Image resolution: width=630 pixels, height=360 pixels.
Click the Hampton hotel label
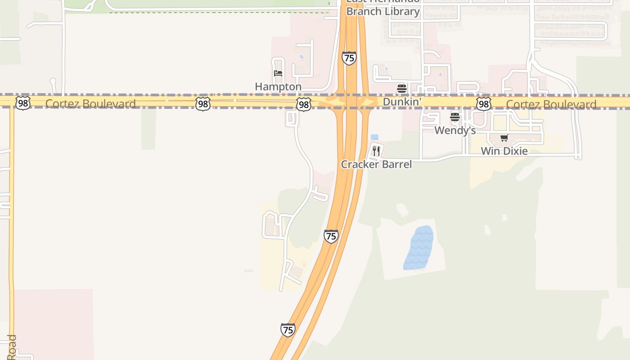point(278,86)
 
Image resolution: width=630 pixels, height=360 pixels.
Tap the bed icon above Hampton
point(278,73)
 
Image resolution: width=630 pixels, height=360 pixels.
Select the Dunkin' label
point(402,102)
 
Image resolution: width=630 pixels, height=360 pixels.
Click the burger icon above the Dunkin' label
point(402,88)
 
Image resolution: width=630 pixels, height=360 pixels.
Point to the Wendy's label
point(455,130)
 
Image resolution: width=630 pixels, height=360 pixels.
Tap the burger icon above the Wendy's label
point(455,117)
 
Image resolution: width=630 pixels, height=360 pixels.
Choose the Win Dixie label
point(504,151)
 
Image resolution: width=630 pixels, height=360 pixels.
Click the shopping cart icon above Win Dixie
point(504,138)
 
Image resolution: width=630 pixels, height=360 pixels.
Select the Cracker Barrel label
point(376,164)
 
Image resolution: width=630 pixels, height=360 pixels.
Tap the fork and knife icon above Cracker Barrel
point(376,151)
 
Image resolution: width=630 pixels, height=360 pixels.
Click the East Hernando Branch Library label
point(383,9)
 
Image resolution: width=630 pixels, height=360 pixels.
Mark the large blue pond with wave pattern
point(419,248)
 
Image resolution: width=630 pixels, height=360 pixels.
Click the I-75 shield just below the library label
point(349,58)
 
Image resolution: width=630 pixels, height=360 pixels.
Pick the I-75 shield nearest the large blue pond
point(331,236)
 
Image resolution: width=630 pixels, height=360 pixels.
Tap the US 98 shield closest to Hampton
point(304,105)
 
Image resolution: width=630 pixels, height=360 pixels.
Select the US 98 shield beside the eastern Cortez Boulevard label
point(483,104)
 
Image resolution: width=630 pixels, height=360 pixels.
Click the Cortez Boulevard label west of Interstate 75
point(90,104)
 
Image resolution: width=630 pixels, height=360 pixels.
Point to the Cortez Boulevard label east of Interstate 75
point(551,104)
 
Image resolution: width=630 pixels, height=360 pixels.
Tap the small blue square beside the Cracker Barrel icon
point(374,137)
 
